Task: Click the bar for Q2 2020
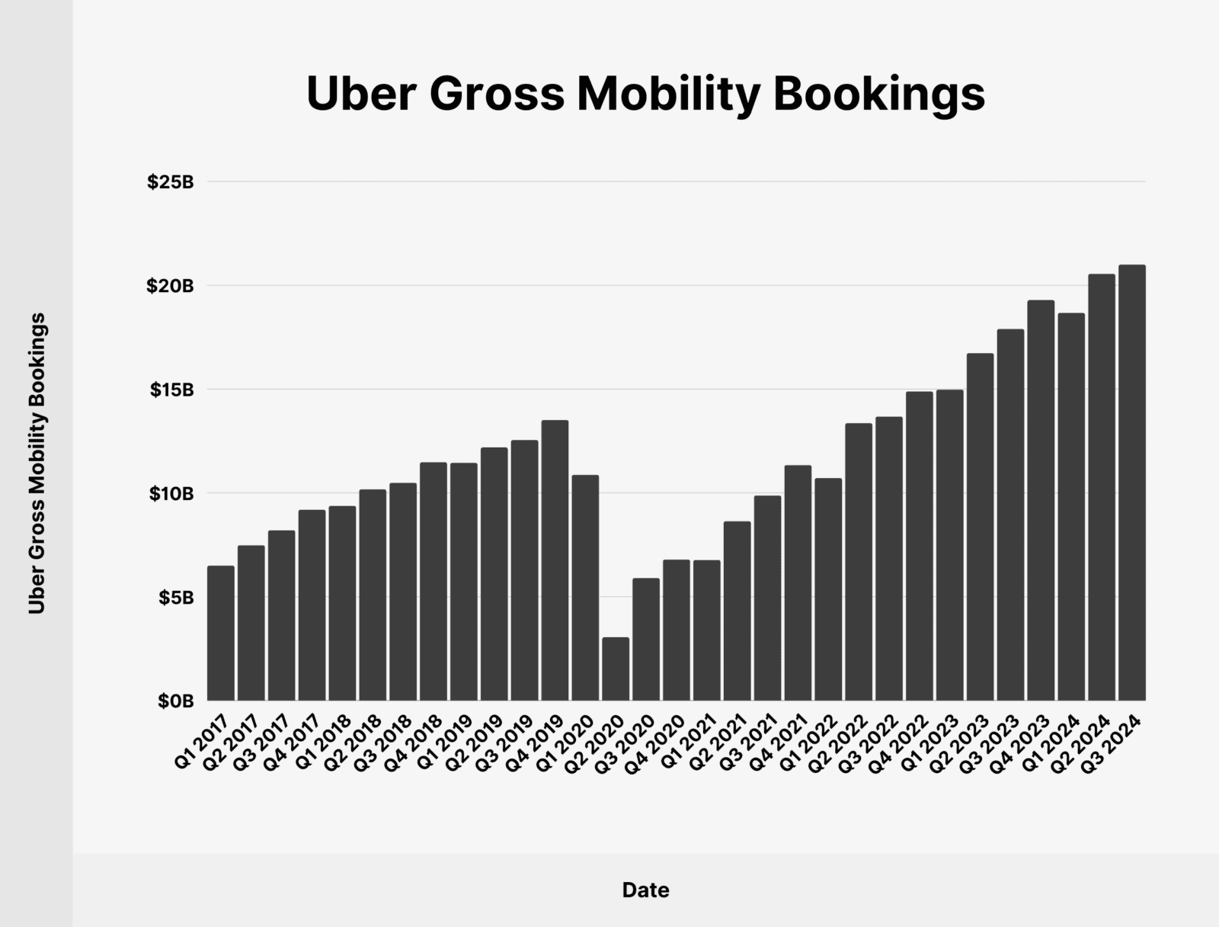point(616,669)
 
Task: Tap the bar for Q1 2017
point(221,633)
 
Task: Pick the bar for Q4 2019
point(555,560)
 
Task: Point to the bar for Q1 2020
point(585,587)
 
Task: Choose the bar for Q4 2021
point(798,582)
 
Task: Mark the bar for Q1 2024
point(1071,506)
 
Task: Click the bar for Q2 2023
point(980,527)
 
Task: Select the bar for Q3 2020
point(646,639)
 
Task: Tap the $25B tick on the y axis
point(171,182)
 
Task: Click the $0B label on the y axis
point(176,701)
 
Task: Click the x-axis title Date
point(645,890)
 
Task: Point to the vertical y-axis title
point(37,463)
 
